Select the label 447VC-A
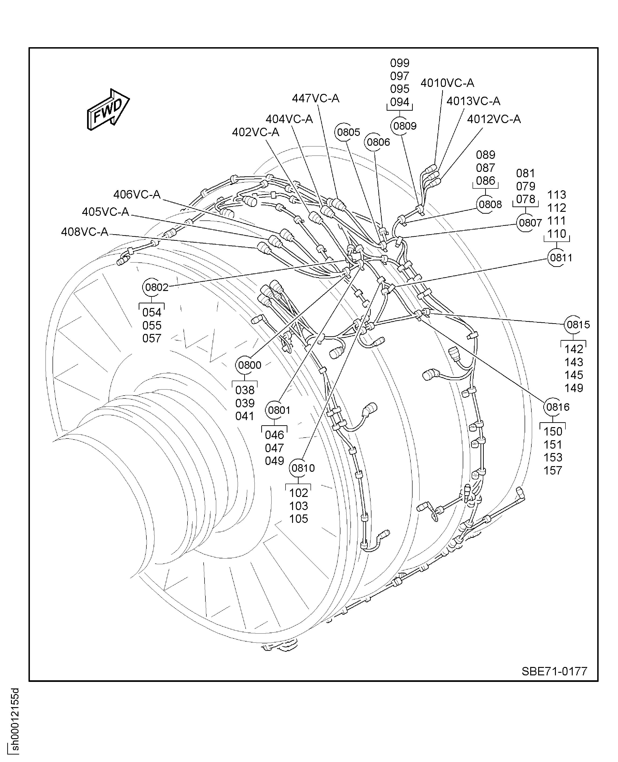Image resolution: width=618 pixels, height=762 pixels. (x=315, y=99)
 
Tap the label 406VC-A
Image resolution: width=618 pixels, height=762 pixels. (x=137, y=195)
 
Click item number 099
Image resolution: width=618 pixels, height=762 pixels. (x=399, y=63)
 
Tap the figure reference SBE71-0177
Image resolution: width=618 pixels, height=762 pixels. (x=554, y=671)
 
